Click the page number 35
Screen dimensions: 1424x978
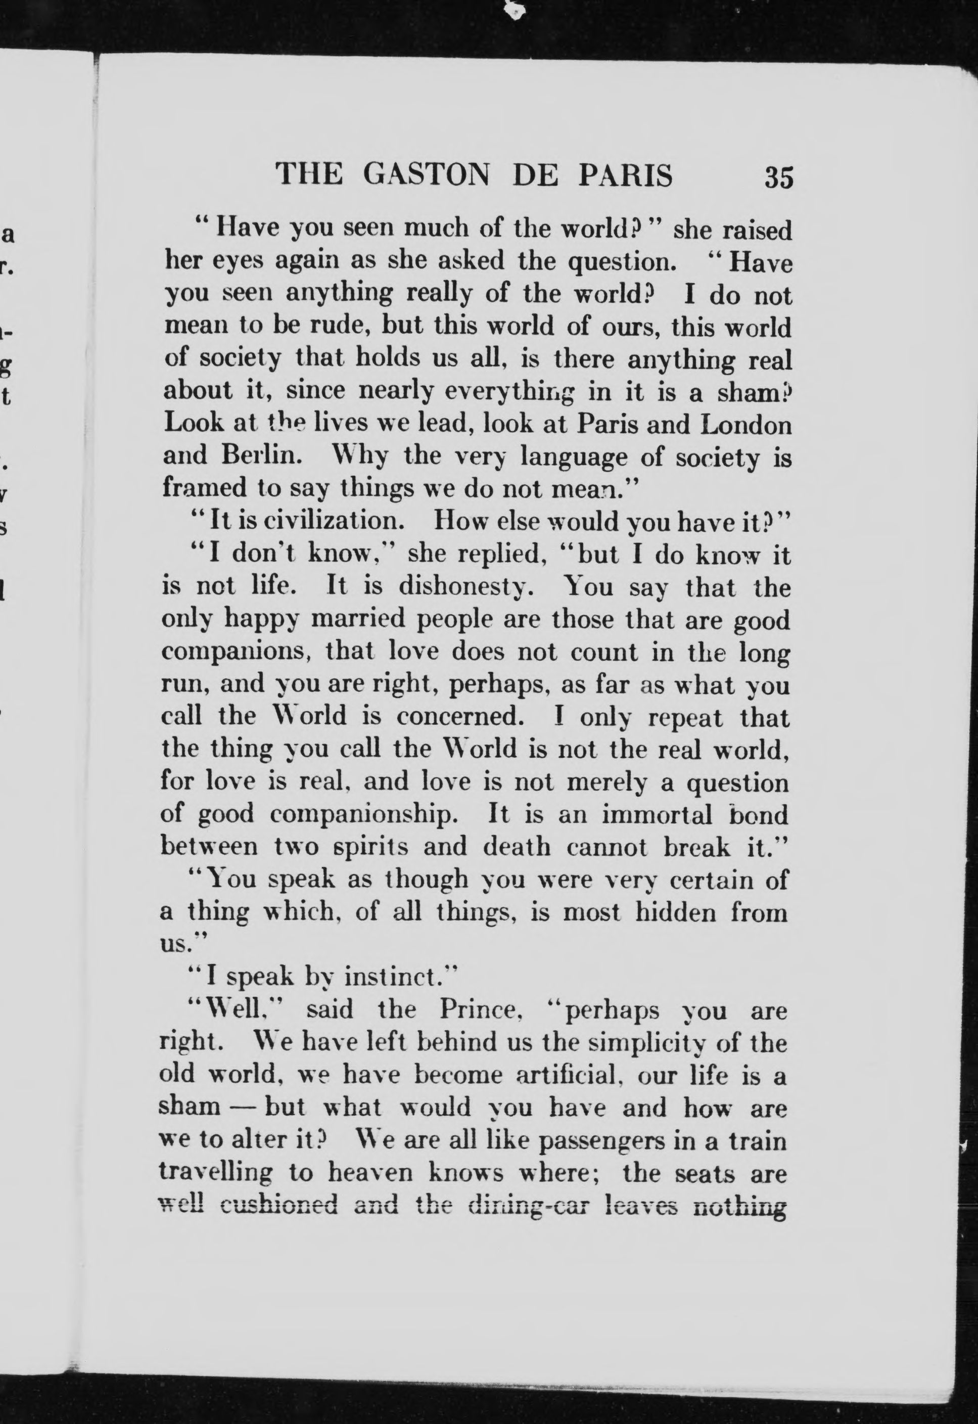[x=778, y=177]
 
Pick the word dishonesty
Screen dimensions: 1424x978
[x=465, y=587]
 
